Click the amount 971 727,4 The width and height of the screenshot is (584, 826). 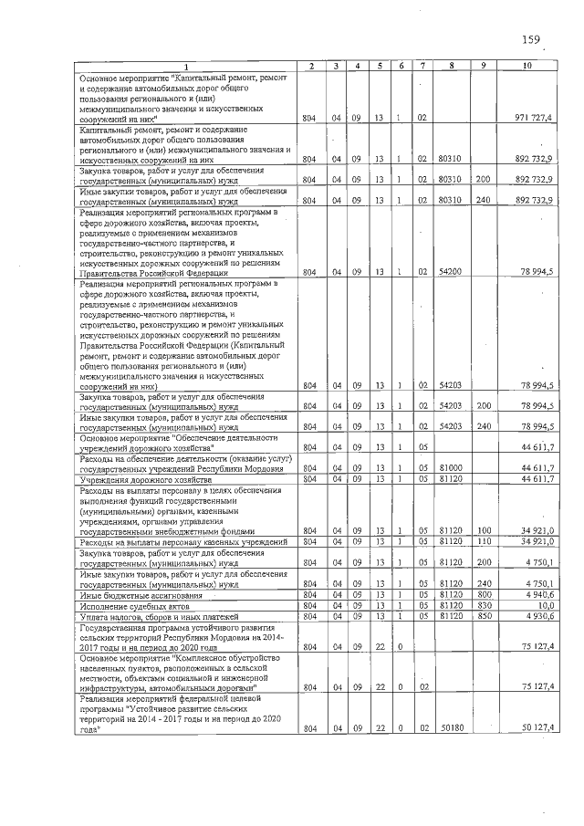pyautogui.click(x=531, y=119)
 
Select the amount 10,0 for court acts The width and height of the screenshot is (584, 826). pyautogui.click(x=543, y=604)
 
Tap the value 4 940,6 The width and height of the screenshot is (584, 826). pyautogui.click(x=537, y=593)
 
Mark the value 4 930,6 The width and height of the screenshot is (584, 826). pyautogui.click(x=537, y=615)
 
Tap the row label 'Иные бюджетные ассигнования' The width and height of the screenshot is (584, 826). pyautogui.click(x=140, y=593)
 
